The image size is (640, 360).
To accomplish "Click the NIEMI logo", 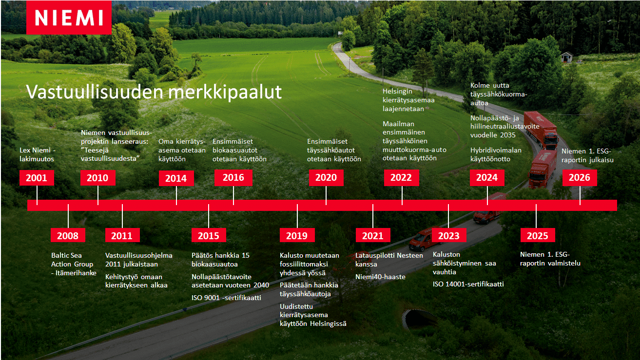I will tap(69, 18).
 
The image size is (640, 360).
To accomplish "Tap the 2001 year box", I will tap(37, 178).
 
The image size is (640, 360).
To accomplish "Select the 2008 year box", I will tap(68, 236).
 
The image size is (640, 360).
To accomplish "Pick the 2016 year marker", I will tap(233, 178).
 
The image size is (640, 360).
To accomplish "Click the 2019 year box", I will tap(297, 236).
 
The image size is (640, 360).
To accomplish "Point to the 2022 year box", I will tap(401, 178).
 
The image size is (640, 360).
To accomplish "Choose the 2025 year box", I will tap(538, 236).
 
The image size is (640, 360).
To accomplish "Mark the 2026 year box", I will tap(579, 178).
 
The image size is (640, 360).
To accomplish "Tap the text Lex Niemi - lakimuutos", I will tap(37, 154).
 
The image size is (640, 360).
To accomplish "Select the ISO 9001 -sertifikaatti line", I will tap(226, 297).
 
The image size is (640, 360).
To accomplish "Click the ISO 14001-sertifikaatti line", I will tap(468, 284).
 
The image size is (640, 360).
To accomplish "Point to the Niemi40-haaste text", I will tap(380, 277).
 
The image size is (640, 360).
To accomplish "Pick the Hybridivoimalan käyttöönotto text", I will tap(496, 154).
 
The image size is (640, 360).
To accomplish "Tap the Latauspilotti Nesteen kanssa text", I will tap(382, 260).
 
